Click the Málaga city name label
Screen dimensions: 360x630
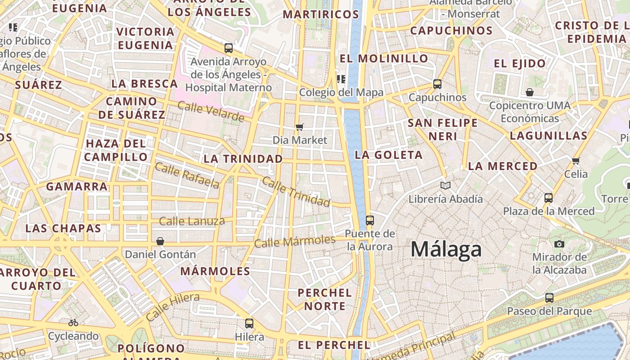446,249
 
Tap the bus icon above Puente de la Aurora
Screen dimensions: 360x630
370,220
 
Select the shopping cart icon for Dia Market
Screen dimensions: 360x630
300,127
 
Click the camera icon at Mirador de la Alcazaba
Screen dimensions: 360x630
559,244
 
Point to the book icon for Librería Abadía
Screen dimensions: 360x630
445,185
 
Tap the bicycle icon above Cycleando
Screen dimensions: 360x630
73,323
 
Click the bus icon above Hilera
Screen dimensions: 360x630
249,323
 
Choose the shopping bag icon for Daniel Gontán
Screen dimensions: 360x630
160,241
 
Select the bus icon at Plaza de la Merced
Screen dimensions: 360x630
549,198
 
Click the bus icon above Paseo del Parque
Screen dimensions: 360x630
549,297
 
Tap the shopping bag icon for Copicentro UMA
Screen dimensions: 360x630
530,92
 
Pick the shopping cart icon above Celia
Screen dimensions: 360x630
576,161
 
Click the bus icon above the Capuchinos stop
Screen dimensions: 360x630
437,84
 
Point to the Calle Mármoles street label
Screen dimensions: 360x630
295,242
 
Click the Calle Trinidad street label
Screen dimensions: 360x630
296,192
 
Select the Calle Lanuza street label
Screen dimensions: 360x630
192,221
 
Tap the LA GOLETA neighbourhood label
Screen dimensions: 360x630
389,155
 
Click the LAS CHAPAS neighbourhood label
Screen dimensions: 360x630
63,228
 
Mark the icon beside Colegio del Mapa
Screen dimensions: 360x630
341,79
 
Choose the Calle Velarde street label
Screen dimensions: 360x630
211,112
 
